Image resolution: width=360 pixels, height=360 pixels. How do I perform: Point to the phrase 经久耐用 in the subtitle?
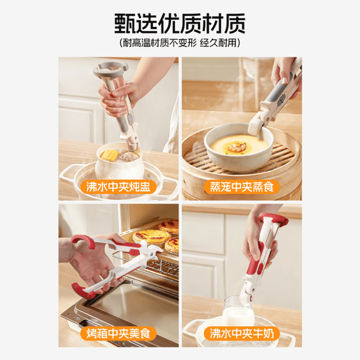[x=217, y=44]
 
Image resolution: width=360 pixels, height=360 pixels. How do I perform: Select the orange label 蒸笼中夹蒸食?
[x=241, y=186]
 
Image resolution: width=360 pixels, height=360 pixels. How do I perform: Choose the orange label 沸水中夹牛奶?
[x=241, y=334]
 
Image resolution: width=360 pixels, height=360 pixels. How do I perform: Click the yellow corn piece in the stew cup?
[x=111, y=155]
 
